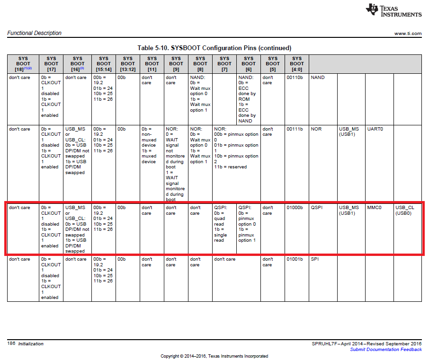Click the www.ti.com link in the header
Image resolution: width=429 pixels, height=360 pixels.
coord(408,34)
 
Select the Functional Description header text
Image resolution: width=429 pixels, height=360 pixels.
coord(35,33)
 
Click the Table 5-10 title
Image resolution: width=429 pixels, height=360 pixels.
coord(214,48)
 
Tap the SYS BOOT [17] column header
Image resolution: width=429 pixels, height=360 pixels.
coord(51,64)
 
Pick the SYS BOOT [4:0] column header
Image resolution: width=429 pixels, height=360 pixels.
coord(296,64)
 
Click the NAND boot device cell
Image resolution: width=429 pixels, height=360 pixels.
coord(318,78)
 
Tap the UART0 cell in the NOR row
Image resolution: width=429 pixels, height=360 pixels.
coord(374,129)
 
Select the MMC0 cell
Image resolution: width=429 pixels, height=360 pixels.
coord(374,208)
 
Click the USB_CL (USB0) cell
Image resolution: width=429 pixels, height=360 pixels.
coord(405,211)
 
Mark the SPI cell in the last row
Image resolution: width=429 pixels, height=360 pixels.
coord(315,259)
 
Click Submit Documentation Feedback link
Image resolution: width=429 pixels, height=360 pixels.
coord(385,350)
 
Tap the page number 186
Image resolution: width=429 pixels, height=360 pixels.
coord(11,344)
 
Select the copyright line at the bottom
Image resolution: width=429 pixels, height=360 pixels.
coord(214,356)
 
